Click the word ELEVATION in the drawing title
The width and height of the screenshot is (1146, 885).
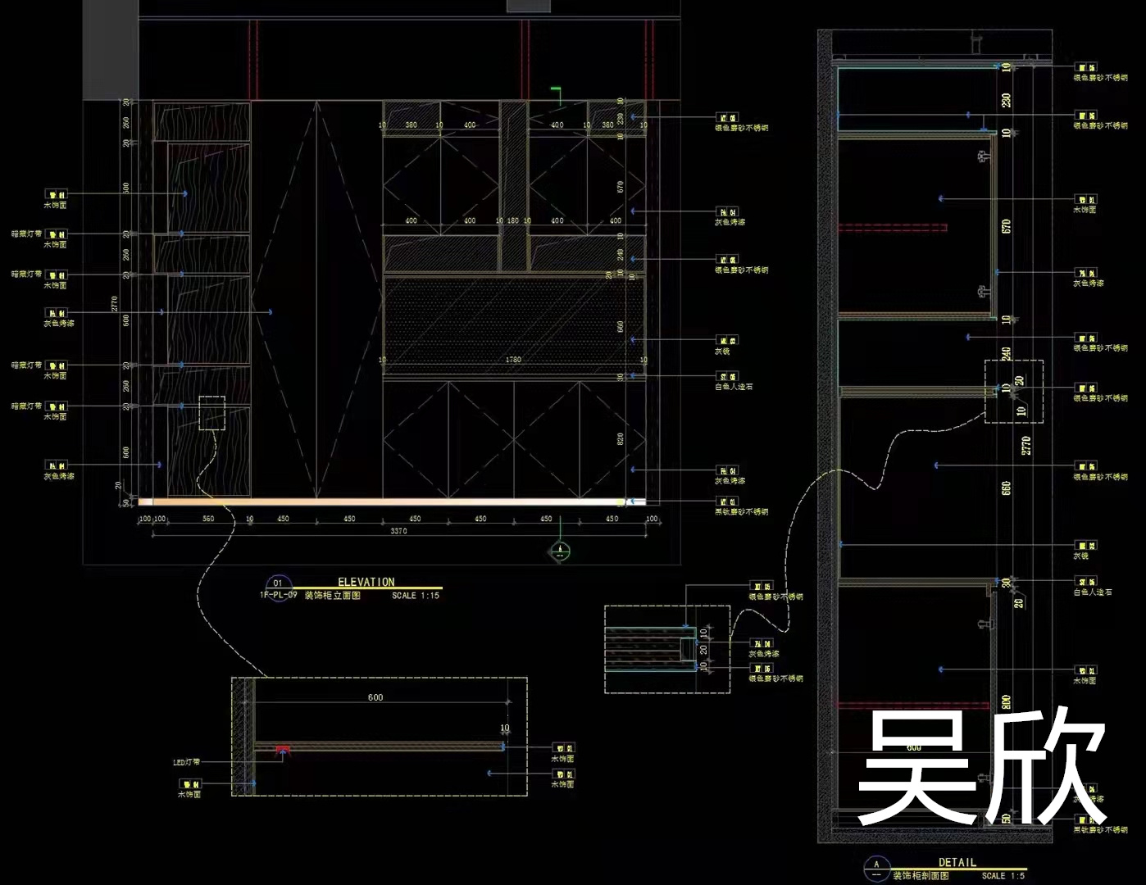click(x=366, y=582)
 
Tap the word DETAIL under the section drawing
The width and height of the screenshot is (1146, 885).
click(x=957, y=862)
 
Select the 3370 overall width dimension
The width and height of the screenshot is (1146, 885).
click(x=398, y=531)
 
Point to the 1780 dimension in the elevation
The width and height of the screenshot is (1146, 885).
click(x=513, y=360)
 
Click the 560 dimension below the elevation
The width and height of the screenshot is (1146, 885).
click(x=208, y=519)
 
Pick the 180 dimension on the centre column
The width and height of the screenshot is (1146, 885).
click(x=513, y=220)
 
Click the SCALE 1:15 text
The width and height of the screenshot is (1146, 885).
click(x=416, y=596)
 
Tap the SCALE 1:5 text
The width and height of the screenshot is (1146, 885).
click(x=1003, y=876)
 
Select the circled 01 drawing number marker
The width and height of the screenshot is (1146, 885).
click(x=278, y=583)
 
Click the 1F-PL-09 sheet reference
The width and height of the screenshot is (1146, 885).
click(x=279, y=596)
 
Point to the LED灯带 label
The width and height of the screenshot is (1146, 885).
click(x=186, y=762)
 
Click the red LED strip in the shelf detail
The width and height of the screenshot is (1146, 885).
click(x=282, y=749)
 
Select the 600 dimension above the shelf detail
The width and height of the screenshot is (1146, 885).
click(x=375, y=697)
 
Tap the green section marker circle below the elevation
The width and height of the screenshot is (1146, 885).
click(x=559, y=551)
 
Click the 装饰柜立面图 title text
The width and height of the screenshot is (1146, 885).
click(x=333, y=596)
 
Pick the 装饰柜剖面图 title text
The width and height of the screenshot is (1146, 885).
click(x=921, y=876)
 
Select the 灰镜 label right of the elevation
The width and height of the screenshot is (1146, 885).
click(x=722, y=351)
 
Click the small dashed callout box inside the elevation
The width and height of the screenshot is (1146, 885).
click(x=212, y=413)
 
